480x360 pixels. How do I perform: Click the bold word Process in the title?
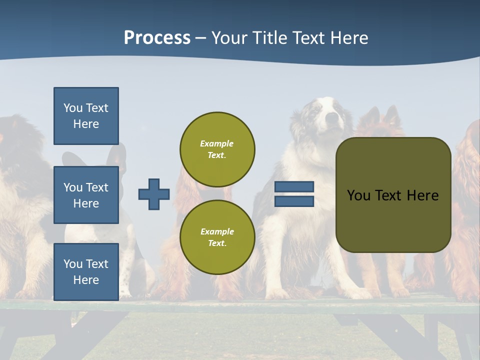(x=157, y=38)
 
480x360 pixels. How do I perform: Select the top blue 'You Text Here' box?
(x=86, y=116)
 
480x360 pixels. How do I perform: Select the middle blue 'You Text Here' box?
(x=86, y=195)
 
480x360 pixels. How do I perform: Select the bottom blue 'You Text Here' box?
(x=86, y=271)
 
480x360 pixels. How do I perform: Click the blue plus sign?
(x=154, y=194)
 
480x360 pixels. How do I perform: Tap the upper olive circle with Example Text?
(x=217, y=149)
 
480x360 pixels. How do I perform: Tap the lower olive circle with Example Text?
(x=217, y=237)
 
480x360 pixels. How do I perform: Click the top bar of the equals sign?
(x=294, y=187)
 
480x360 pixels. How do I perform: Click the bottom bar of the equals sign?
(x=294, y=201)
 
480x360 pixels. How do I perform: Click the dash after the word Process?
(x=201, y=38)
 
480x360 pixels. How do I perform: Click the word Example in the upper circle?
(x=217, y=143)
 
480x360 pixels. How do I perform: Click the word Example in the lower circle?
(x=217, y=231)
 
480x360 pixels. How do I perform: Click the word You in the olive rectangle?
(x=358, y=195)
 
